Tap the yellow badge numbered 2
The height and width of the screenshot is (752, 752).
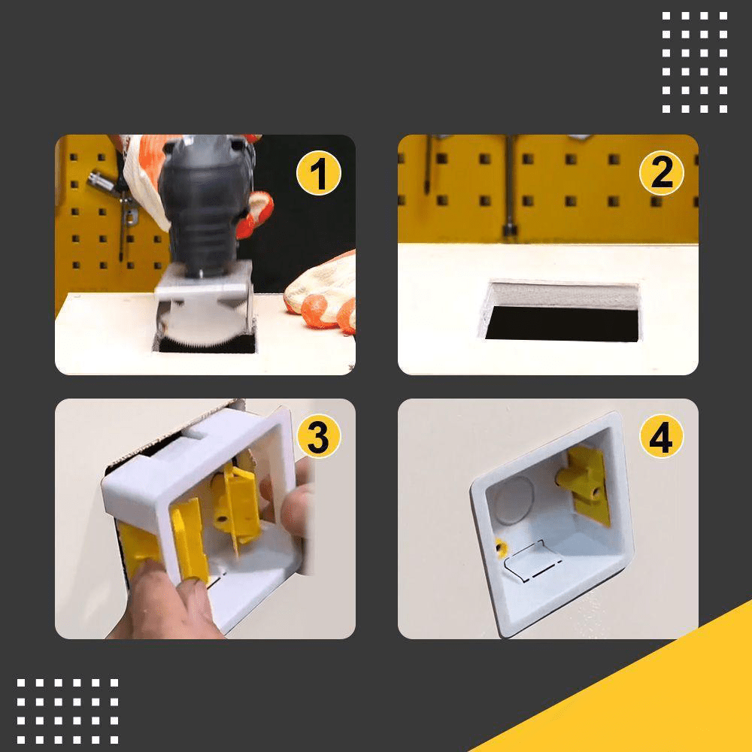(x=661, y=174)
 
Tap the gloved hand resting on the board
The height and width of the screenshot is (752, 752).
(x=323, y=297)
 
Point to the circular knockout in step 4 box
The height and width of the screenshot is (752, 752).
(x=516, y=496)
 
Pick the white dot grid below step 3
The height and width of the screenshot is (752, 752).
(x=68, y=711)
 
